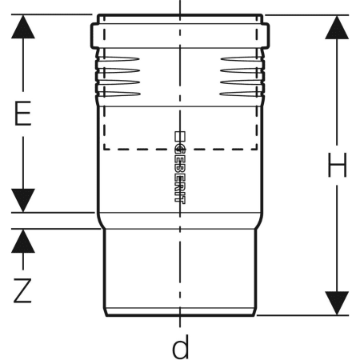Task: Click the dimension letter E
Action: [23, 114]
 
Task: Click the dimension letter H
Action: [338, 165]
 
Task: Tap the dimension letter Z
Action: [22, 290]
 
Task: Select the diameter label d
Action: [181, 346]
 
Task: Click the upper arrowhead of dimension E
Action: [23, 26]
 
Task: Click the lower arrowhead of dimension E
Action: [23, 200]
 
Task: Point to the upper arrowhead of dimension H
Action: [337, 27]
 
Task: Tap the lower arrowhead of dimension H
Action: [337, 303]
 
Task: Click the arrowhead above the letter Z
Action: [23, 241]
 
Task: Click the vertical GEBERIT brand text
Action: [180, 174]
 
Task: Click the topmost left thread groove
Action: [118, 59]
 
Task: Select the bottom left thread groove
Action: [118, 94]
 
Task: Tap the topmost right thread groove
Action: [242, 59]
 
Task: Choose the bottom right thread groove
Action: [242, 94]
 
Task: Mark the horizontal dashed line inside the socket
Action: [181, 149]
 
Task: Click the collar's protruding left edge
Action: [94, 36]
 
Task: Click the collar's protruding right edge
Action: [266, 36]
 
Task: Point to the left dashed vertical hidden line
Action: [104, 82]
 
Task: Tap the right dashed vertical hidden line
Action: [257, 82]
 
